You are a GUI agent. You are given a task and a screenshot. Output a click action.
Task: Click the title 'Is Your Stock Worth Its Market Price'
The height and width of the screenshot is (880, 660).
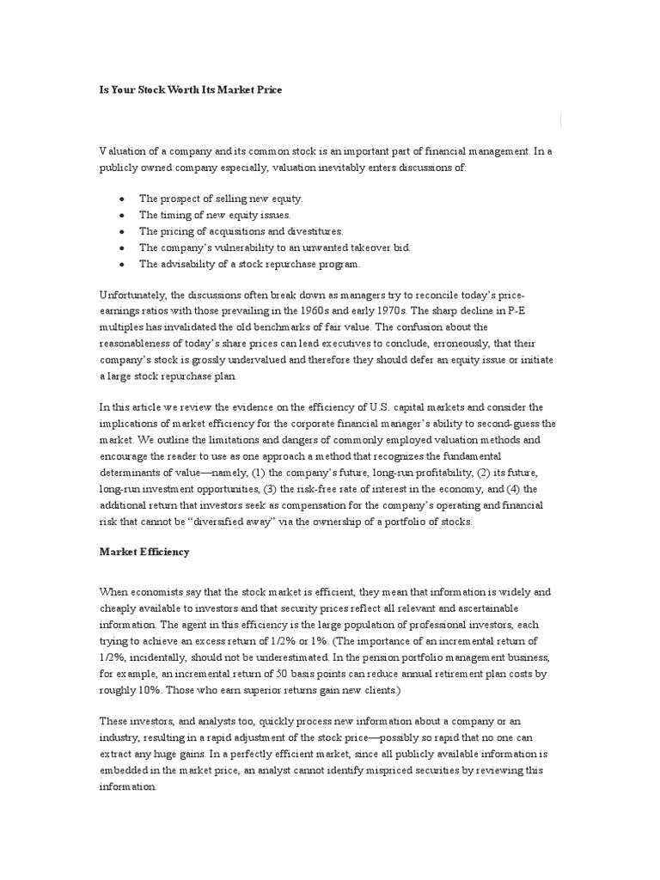click(x=190, y=89)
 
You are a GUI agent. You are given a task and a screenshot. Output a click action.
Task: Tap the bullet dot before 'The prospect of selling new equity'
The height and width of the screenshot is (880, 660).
click(x=122, y=199)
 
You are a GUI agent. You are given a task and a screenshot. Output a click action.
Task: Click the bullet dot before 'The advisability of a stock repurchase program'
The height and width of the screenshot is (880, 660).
click(x=122, y=264)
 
